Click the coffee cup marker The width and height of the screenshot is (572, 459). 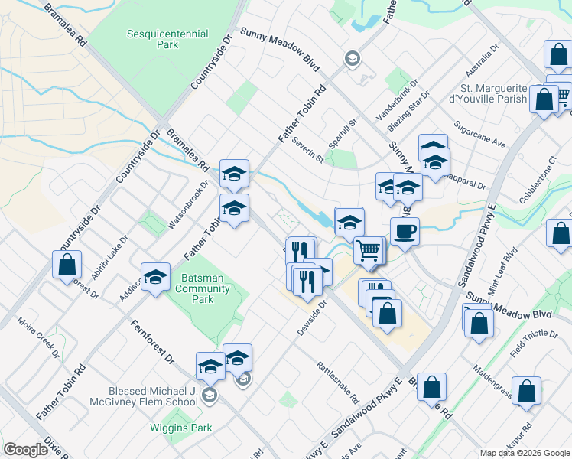pos(405,230)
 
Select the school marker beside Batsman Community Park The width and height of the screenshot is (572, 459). pos(155,277)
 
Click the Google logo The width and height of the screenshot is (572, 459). pos(25,450)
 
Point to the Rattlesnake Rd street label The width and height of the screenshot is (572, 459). pos(337,382)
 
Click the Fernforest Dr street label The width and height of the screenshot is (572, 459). pos(153,341)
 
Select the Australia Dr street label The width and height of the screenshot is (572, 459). pos(483,57)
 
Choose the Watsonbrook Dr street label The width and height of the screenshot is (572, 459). pos(187,205)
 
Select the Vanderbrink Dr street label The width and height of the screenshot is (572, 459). pos(397,102)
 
